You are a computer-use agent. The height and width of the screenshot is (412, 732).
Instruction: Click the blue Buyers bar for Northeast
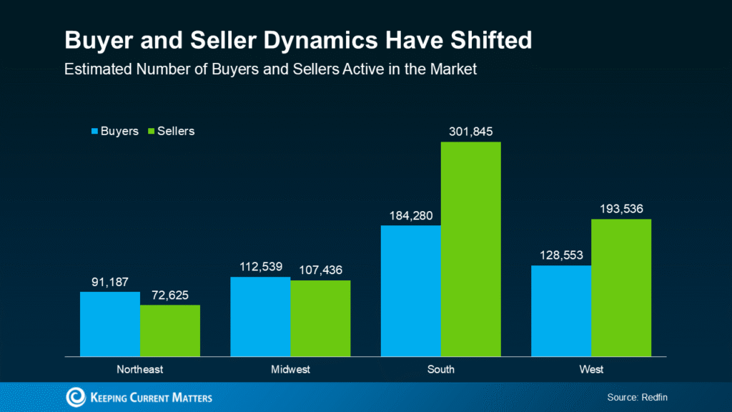(x=110, y=323)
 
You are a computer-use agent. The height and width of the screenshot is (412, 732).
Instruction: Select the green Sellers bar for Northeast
(x=170, y=330)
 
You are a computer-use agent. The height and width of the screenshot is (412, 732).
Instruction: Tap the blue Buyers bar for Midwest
(x=260, y=316)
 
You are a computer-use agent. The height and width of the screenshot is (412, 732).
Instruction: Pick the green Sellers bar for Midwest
(x=320, y=318)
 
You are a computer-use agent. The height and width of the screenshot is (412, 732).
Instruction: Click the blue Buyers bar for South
(x=410, y=290)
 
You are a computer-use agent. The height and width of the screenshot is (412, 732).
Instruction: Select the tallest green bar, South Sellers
(x=470, y=249)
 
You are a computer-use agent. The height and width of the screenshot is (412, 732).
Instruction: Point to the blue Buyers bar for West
(x=561, y=310)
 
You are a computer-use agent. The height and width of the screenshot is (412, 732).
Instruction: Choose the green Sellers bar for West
(x=621, y=288)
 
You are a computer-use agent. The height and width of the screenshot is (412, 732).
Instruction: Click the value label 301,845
(x=470, y=132)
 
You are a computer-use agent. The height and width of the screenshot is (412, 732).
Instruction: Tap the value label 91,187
(x=111, y=281)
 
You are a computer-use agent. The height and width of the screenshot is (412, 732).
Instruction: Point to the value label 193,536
(x=620, y=209)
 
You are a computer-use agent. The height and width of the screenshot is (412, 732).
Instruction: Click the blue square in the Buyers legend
(x=94, y=132)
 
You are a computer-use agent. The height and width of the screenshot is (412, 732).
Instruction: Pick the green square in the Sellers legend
(x=151, y=132)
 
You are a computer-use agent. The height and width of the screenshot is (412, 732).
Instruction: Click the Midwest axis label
(x=290, y=370)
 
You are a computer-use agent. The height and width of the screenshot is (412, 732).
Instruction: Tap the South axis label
(x=441, y=370)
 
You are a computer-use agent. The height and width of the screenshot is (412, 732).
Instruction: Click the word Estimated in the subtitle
(x=92, y=70)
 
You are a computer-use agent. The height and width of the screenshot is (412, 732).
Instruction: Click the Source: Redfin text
(x=637, y=397)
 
